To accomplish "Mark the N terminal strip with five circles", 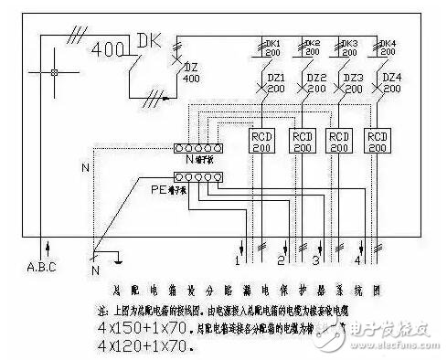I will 199,149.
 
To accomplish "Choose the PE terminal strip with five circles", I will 199,179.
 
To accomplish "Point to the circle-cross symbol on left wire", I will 55,72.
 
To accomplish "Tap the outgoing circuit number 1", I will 236,261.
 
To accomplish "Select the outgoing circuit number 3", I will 315,261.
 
